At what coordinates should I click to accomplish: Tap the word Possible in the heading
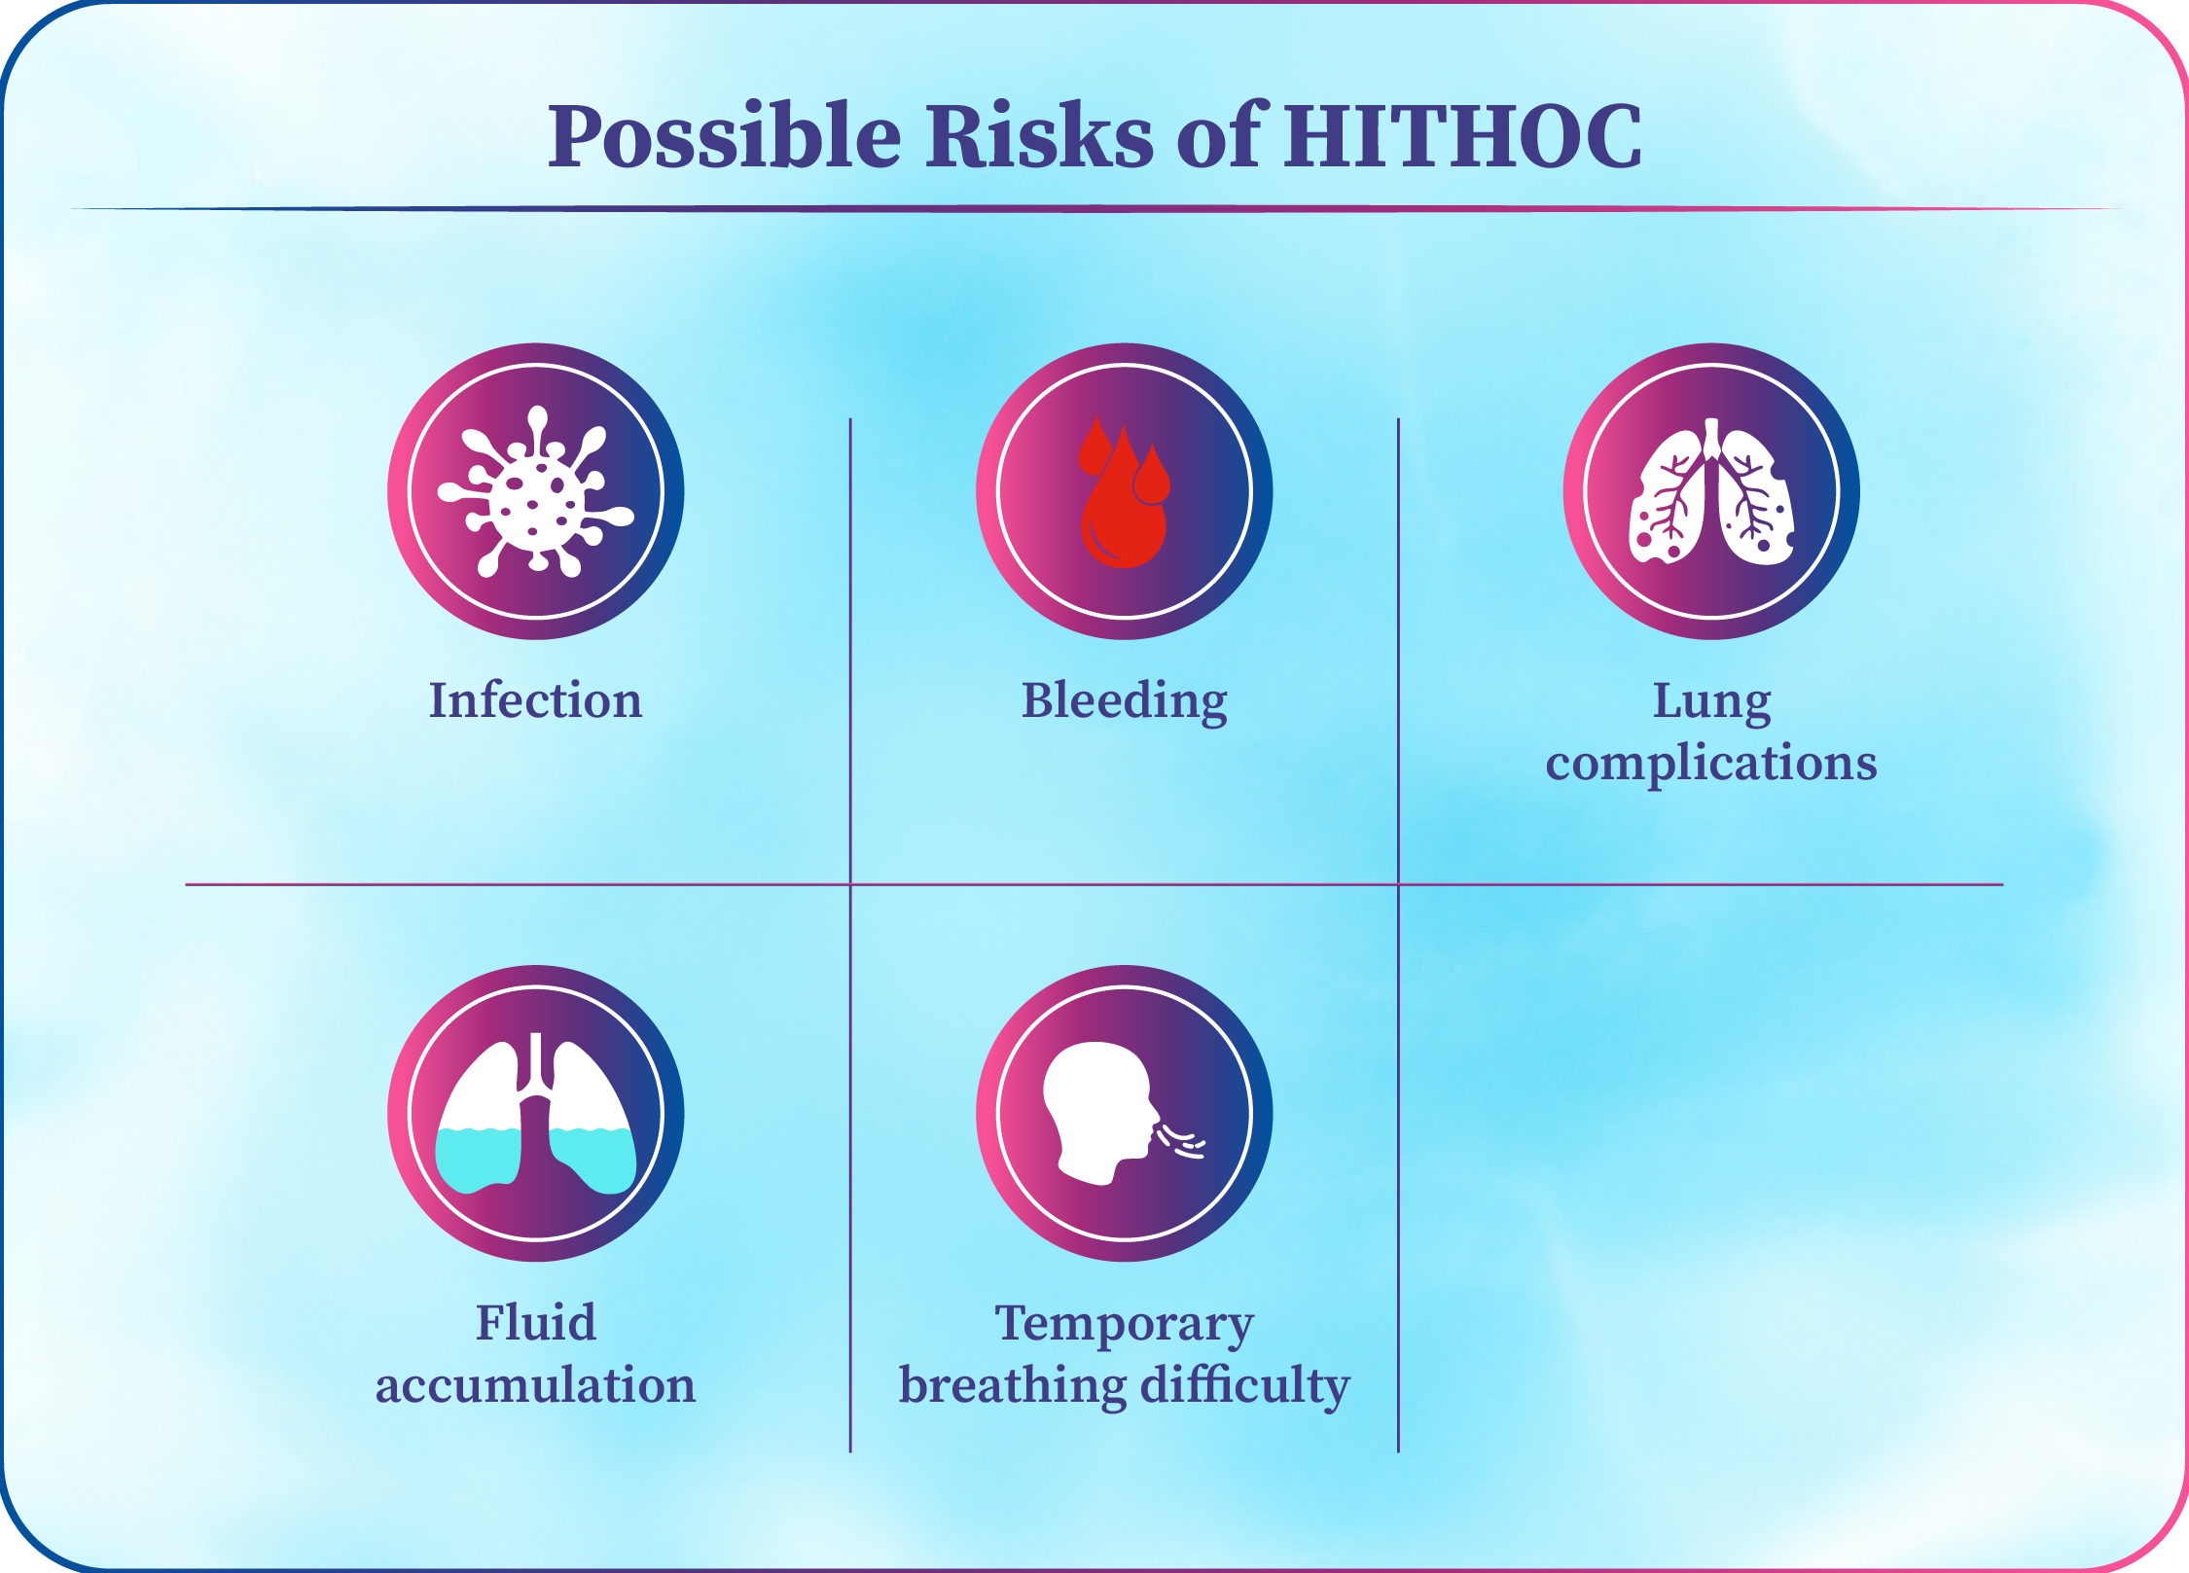coord(725,136)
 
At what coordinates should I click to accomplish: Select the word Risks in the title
coord(1039,136)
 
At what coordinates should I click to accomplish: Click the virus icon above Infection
coord(536,491)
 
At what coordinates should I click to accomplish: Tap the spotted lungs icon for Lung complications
coord(1711,492)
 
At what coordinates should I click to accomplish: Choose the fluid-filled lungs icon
coord(536,1114)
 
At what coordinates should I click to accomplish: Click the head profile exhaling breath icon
coord(1124,1114)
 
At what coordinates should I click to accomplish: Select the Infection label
coord(536,700)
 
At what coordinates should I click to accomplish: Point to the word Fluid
coord(536,1323)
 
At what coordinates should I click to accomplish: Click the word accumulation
coord(536,1385)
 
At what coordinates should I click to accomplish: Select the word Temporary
coord(1125,1326)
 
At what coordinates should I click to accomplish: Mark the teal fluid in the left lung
coord(477,1160)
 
